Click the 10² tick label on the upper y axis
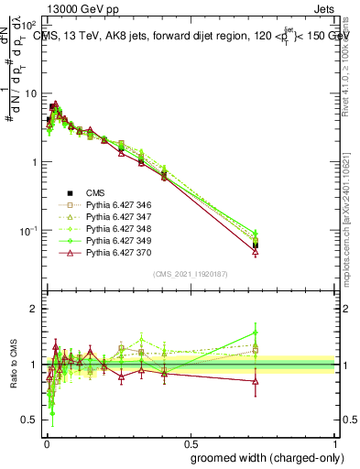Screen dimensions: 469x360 point(29,26)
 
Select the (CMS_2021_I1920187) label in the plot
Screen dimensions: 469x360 point(191,274)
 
